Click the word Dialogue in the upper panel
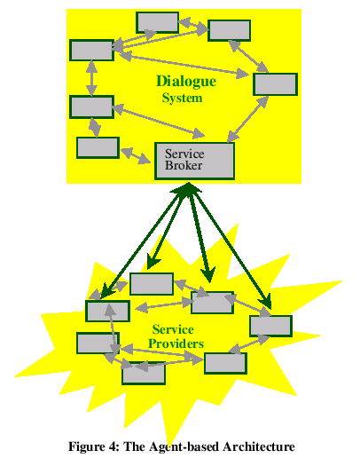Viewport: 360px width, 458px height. coord(186,82)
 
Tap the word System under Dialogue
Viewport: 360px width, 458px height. coord(182,99)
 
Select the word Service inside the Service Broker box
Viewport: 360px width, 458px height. coord(184,154)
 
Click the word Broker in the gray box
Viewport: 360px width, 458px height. coord(184,165)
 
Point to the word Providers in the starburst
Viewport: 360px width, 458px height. coord(176,343)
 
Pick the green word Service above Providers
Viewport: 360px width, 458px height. coord(173,329)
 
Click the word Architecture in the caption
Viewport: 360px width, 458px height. coord(259,446)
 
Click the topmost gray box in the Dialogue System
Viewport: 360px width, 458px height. coord(157,22)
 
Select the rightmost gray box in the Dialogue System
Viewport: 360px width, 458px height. coord(275,84)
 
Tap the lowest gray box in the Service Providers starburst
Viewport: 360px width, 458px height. coord(144,374)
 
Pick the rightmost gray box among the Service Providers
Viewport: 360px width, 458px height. coord(270,326)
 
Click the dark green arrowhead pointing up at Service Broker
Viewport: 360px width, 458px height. coord(186,189)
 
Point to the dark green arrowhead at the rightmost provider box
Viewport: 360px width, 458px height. coord(266,304)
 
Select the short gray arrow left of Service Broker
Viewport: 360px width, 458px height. coord(136,155)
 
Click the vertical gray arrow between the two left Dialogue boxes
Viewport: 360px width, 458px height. coord(91,78)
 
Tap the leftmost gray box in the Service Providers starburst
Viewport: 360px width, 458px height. coord(98,343)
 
